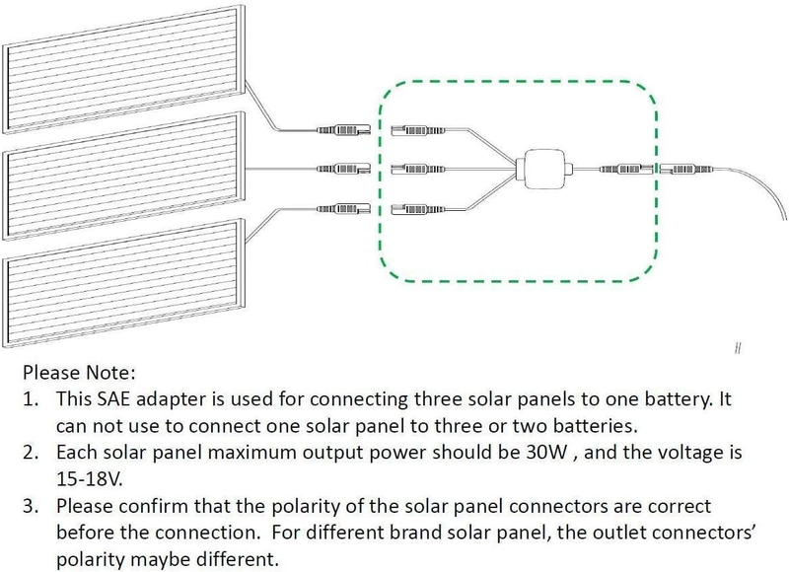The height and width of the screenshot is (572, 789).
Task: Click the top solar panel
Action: pos(124,69)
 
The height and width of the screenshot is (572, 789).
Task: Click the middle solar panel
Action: pos(124,176)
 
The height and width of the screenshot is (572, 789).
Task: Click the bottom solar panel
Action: pos(124,283)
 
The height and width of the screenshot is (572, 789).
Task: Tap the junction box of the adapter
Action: pos(545,169)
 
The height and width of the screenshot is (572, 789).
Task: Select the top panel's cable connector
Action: pos(343,130)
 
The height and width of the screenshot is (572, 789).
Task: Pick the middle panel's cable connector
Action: pos(343,169)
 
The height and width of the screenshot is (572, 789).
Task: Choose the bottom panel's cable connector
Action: pos(343,207)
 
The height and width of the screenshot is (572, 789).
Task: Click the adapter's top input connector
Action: pos(418,130)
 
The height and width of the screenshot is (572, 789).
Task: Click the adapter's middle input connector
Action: pos(418,169)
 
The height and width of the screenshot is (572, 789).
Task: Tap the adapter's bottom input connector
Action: pos(418,207)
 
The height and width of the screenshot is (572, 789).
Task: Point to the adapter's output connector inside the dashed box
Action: pos(626,169)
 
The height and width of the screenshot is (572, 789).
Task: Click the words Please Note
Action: pos(79,373)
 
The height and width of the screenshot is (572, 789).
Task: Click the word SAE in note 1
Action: pos(114,399)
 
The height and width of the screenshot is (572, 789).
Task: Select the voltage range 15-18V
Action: pos(90,478)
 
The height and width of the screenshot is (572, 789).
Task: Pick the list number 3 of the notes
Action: pos(31,506)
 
